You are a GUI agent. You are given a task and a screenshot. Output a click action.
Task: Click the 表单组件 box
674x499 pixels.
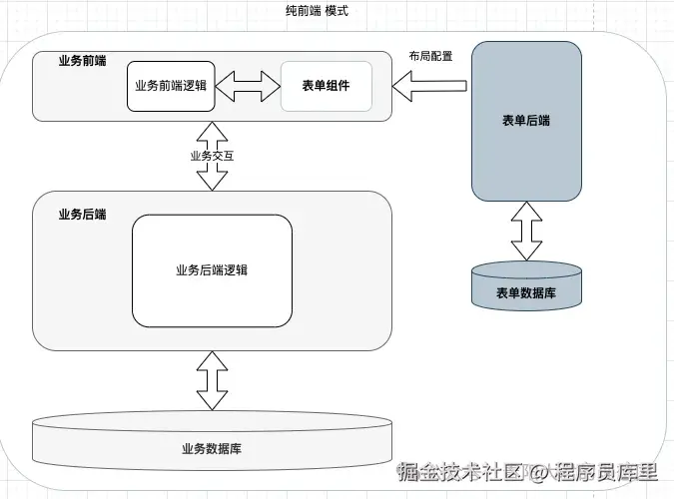[x=326, y=86]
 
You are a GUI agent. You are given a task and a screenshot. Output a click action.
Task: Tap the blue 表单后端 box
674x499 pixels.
[x=526, y=150]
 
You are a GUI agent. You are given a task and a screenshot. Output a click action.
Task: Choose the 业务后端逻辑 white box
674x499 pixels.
[x=212, y=270]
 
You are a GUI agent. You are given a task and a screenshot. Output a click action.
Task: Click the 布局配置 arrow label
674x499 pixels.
[x=430, y=56]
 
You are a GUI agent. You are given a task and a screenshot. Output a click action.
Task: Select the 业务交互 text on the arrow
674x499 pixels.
[x=212, y=156]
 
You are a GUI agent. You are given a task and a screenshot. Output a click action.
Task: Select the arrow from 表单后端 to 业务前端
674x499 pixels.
[x=429, y=88]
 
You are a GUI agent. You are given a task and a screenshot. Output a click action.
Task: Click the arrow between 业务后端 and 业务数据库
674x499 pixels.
[x=212, y=380]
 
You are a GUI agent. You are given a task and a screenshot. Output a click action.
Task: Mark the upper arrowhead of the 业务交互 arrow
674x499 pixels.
[x=212, y=131]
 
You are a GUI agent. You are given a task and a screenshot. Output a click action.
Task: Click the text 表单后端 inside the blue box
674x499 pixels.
[x=526, y=121]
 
